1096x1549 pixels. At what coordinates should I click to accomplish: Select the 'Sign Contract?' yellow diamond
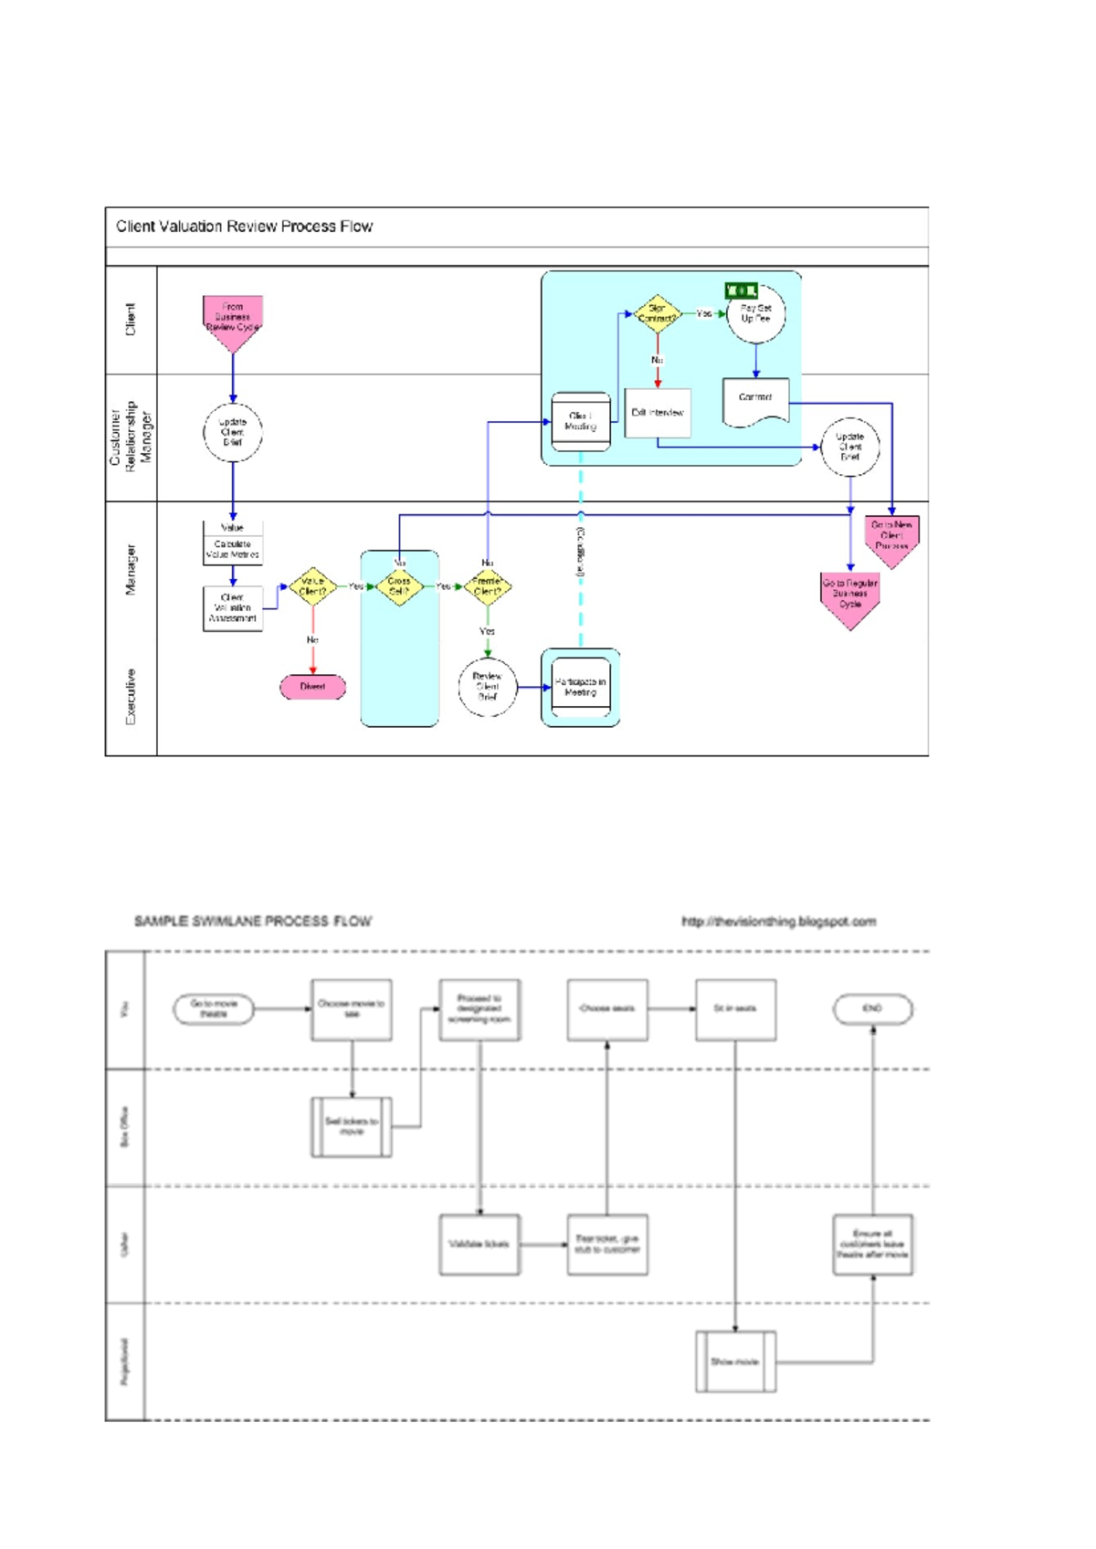pos(657,314)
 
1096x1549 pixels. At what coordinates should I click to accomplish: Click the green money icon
pos(741,290)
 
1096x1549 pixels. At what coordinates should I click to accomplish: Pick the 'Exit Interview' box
pos(658,413)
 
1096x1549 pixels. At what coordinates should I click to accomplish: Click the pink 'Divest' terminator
pos(312,687)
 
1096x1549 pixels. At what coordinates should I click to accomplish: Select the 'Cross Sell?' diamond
pos(399,586)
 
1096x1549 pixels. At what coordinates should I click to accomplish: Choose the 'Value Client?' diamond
pos(312,586)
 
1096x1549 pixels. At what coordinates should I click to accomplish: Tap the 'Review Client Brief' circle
pos(487,687)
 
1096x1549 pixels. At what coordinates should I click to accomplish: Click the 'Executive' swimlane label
pos(131,697)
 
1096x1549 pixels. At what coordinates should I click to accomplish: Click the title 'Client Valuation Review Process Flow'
pos(244,227)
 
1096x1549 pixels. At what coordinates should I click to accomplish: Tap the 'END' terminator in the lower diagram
pos(872,1009)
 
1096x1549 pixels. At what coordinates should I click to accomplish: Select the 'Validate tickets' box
pos(479,1244)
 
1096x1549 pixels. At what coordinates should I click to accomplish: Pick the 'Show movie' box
pos(735,1362)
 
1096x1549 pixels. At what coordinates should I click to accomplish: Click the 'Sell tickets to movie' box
pos(352,1127)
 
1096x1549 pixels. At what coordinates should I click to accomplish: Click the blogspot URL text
pos(778,922)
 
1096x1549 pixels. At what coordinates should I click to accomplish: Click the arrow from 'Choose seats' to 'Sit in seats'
pos(671,1009)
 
